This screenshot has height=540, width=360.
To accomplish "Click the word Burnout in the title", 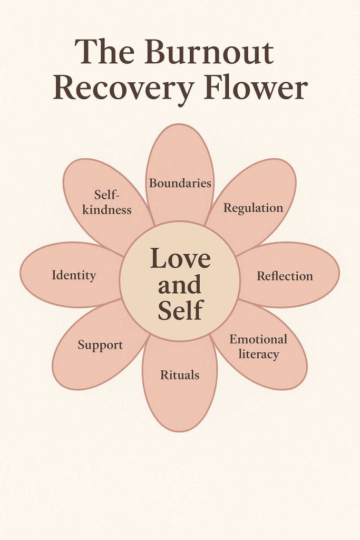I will tap(209, 52).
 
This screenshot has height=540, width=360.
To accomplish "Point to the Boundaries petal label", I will tap(180, 183).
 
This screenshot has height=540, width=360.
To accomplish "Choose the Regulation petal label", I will tap(253, 208).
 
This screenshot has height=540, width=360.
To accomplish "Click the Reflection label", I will tap(285, 276).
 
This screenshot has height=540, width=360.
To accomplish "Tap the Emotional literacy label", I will tap(258, 346).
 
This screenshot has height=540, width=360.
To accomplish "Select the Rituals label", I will tap(180, 375).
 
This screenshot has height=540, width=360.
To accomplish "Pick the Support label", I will tap(100, 345).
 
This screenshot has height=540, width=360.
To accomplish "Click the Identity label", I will tap(74, 275).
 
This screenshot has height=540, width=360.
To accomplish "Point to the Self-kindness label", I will tap(107, 202).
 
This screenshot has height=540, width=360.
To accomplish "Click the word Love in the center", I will tap(180, 258).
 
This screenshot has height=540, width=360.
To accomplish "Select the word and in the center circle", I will tap(180, 285).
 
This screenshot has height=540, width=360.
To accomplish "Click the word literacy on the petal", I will tap(258, 354).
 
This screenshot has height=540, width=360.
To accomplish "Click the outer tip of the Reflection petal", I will tap(338, 274).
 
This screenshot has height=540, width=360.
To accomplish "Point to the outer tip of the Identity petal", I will tap(22, 274).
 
